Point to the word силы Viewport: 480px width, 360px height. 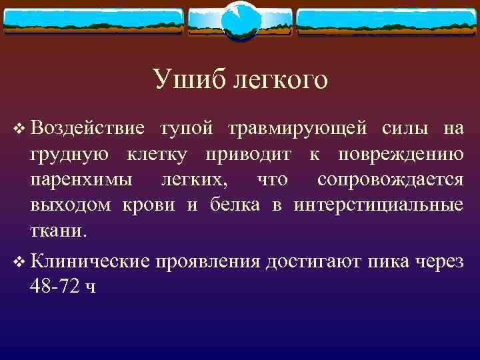403,127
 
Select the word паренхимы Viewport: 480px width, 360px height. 81,180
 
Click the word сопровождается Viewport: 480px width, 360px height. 390,180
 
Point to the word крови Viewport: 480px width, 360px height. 150,205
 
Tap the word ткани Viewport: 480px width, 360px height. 57,231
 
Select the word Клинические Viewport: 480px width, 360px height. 89,261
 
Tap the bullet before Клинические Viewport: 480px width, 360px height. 19,261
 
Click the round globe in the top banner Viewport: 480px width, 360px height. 240,21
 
